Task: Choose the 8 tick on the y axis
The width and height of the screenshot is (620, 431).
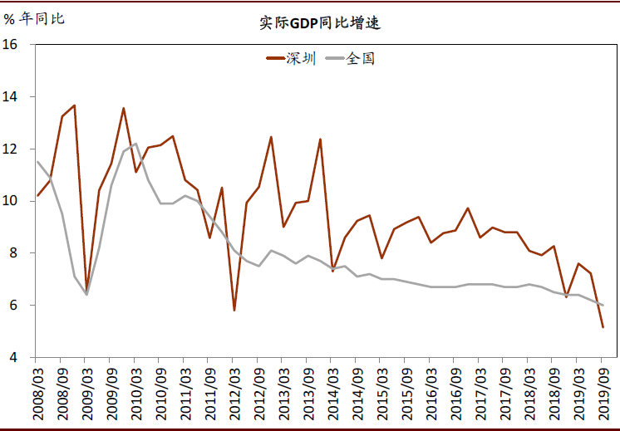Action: tap(14, 253)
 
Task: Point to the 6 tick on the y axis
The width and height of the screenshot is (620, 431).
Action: tap(14, 306)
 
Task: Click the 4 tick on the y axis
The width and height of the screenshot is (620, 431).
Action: tap(14, 358)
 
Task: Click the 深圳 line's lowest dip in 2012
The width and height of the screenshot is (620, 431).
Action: tap(234, 311)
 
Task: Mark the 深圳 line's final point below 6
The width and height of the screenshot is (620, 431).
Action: tap(603, 327)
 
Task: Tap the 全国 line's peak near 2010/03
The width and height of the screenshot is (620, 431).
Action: tap(136, 144)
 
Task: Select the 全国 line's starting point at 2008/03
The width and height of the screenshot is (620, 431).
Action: tap(38, 162)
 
